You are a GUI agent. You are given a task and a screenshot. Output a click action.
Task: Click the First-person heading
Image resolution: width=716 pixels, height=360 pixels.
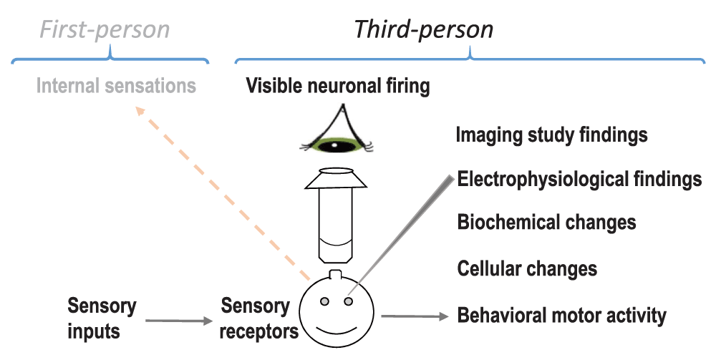click(105, 29)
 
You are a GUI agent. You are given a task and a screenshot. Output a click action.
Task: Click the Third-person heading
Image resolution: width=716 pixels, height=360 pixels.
click(424, 29)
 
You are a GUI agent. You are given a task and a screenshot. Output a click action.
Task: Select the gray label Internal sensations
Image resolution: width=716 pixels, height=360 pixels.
click(116, 87)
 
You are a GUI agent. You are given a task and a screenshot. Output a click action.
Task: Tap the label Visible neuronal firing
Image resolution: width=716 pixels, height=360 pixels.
click(338, 87)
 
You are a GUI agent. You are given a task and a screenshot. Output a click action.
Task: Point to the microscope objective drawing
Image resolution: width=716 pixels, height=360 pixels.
click(335, 215)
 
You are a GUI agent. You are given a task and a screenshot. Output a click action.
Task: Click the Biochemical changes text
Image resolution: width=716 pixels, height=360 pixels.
click(547, 222)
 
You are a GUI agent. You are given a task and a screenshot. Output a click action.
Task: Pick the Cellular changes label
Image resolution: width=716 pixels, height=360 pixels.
click(527, 268)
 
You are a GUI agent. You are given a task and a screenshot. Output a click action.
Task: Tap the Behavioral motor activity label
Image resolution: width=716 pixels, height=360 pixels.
click(562, 315)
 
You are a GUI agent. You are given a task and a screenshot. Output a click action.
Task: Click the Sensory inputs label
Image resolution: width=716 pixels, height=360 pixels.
click(102, 318)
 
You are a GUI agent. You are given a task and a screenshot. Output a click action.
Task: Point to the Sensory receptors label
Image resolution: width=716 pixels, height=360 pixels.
click(256, 318)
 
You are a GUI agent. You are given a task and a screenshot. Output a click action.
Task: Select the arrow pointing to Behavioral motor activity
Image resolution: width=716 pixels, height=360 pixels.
click(414, 316)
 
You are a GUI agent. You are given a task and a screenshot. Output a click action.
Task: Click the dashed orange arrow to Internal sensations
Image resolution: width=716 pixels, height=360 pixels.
click(222, 193)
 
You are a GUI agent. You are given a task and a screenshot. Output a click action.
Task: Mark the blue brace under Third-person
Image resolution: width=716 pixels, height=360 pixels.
click(470, 56)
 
